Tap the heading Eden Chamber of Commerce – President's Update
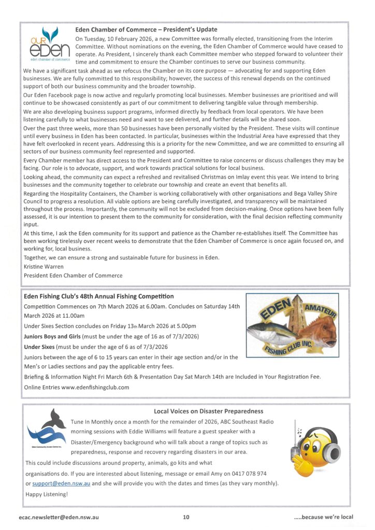pyautogui.click(x=146, y=30)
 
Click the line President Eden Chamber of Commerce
pyautogui.click(x=73, y=275)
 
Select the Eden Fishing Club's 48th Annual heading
pyautogui.click(x=99, y=297)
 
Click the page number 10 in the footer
pyautogui.click(x=186, y=517)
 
